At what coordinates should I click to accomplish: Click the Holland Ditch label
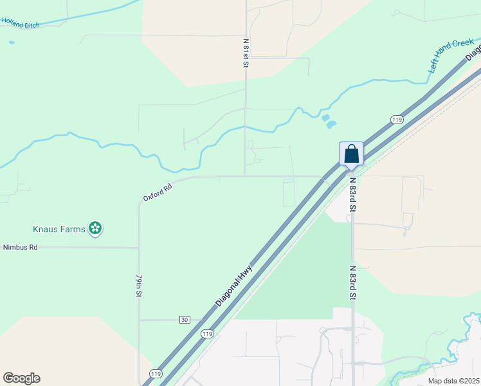[21, 23]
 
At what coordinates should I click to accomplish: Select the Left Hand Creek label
[451, 55]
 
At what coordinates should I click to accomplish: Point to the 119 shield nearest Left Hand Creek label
[396, 120]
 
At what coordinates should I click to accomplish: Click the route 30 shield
[185, 320]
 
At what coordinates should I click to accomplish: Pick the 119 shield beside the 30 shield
[206, 333]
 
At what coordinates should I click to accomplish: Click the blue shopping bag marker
[351, 154]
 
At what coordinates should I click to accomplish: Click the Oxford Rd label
[158, 193]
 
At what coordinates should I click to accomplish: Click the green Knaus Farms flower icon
[95, 228]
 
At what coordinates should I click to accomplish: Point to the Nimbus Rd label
[21, 247]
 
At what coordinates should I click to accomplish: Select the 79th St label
[138, 285]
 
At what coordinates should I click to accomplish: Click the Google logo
[21, 378]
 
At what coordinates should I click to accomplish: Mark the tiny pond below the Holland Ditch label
[12, 42]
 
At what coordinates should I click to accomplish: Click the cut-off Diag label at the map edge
[473, 51]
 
